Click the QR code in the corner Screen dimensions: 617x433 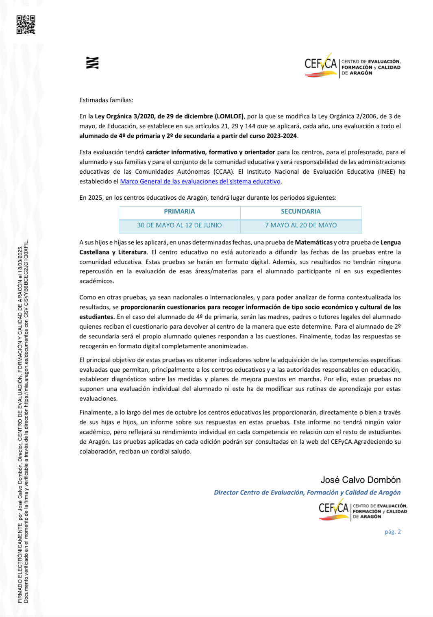26,24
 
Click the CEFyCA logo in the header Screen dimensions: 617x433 352,65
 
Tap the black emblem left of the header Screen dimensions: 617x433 93,63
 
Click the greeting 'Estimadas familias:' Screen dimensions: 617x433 106,100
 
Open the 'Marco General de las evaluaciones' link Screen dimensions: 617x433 200,181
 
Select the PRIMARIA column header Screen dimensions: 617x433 179,211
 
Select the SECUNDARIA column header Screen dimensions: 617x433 300,211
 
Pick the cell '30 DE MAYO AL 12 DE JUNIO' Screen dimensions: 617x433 179,225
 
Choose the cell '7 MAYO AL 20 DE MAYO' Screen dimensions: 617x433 301,225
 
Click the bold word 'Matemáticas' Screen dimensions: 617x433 313,242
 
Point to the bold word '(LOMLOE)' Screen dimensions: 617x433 229,116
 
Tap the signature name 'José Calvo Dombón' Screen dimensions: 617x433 360,480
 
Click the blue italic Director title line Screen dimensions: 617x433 307,493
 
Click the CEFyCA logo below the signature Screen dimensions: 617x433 362,509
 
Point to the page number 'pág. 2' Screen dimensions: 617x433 393,532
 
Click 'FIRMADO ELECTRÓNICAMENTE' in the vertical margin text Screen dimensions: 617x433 20,563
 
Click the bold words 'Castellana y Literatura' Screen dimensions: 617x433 113,252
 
